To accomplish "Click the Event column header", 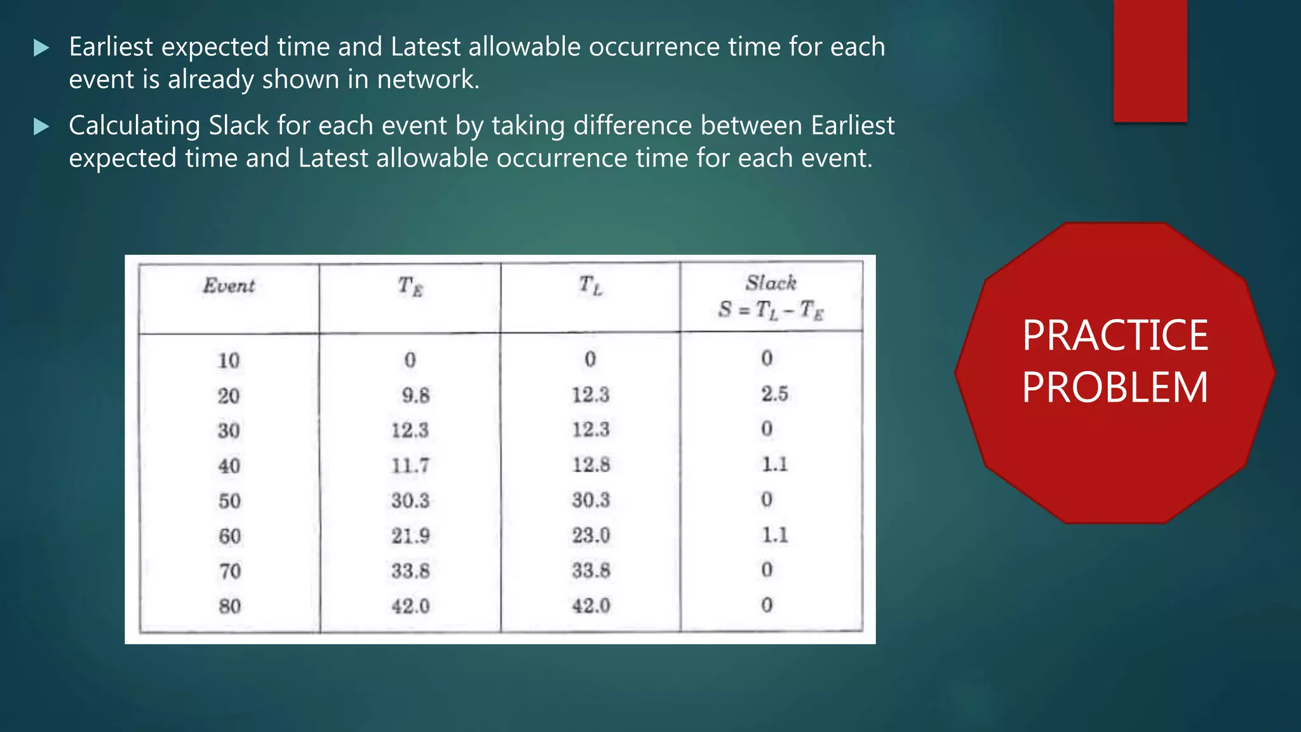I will click(229, 286).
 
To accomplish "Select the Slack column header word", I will click(771, 283).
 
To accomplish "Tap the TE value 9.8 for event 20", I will click(415, 395).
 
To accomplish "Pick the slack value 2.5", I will click(774, 394).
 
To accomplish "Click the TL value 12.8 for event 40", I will click(591, 464).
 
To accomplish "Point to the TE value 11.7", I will click(410, 466).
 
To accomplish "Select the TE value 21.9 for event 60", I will click(410, 536).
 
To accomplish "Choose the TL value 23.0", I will click(591, 535).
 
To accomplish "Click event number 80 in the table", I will click(229, 606).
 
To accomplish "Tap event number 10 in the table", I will click(229, 360).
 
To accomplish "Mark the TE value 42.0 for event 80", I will click(410, 606).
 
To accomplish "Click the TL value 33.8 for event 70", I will click(591, 570).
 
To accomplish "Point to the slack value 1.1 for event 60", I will click(775, 534).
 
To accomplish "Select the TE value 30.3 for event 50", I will click(410, 501).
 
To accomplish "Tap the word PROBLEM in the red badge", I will click(1115, 388).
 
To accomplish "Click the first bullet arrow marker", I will click(41, 48).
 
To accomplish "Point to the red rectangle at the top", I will click(1150, 60).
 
